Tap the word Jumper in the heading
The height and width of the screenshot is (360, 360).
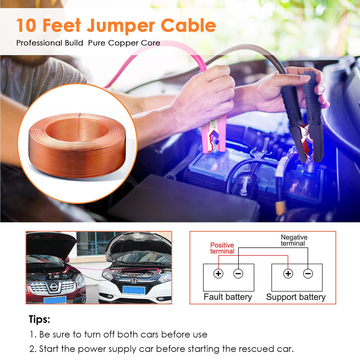click(x=121, y=26)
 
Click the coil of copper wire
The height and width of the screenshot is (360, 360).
click(x=77, y=146)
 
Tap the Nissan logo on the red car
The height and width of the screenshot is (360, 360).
click(x=54, y=286)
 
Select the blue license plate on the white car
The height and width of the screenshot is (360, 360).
click(x=134, y=291)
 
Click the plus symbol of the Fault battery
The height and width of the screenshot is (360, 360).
click(x=218, y=274)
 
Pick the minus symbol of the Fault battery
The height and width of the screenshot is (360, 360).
click(x=238, y=274)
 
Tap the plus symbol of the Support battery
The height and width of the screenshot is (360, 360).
click(x=288, y=274)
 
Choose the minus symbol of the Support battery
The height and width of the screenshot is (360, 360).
click(x=308, y=274)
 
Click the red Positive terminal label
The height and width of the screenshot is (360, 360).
click(x=222, y=248)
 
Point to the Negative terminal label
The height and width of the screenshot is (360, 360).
click(x=294, y=240)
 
